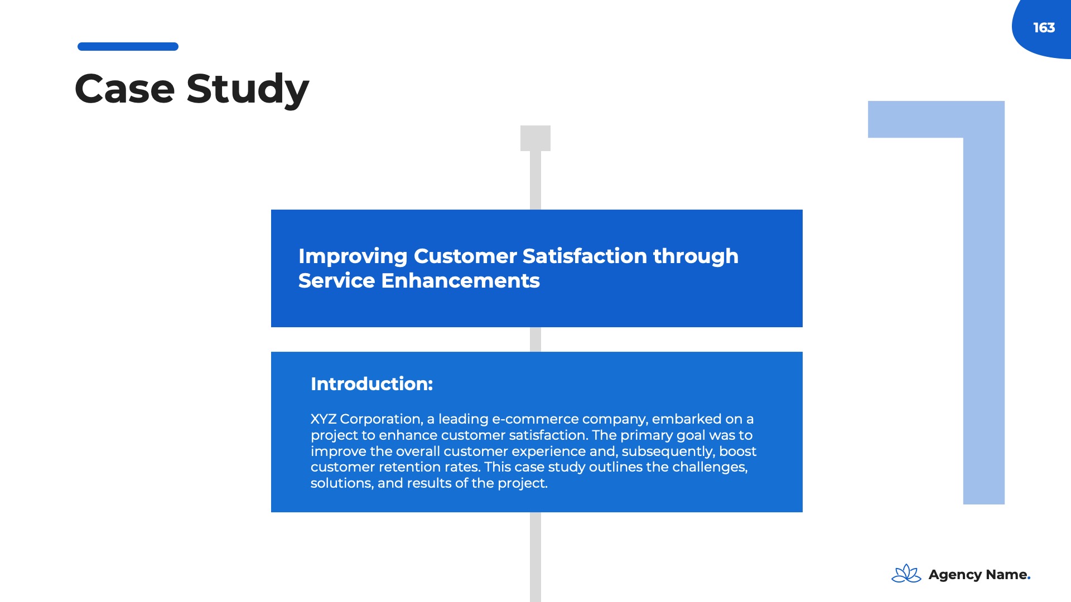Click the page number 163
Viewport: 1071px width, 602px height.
click(x=1044, y=27)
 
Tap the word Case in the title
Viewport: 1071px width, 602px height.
click(x=124, y=89)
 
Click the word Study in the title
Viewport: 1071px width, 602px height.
click(x=248, y=90)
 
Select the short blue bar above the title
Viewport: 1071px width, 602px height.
click(x=128, y=46)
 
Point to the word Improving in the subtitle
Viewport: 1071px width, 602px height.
click(x=353, y=256)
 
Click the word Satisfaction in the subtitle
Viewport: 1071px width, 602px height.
click(x=585, y=256)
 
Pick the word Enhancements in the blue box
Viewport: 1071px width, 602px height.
click(x=460, y=280)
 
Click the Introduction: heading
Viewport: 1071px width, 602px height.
click(x=372, y=383)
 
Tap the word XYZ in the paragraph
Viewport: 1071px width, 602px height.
click(x=324, y=419)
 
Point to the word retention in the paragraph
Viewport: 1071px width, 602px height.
click(x=409, y=467)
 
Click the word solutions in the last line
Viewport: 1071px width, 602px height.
click(x=341, y=483)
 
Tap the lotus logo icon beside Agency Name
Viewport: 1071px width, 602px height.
click(x=906, y=574)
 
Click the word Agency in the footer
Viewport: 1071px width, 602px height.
click(x=955, y=575)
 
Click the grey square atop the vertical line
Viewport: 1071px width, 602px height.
click(x=535, y=138)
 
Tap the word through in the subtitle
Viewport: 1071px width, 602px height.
click(x=696, y=256)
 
